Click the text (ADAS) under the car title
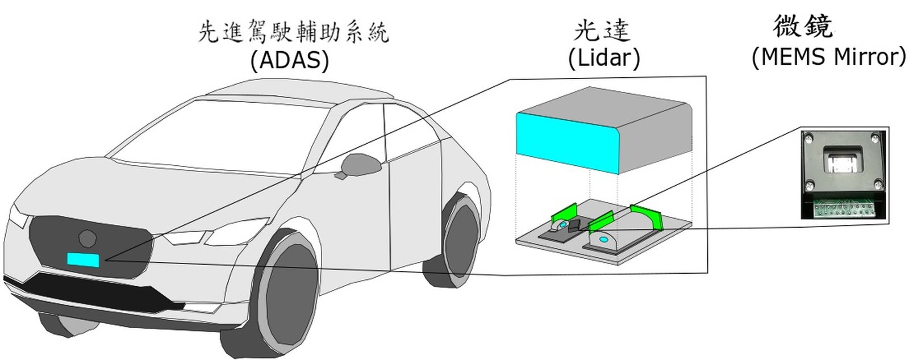(290, 61)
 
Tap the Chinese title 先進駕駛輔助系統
(293, 32)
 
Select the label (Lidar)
(604, 58)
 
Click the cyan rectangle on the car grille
(83, 259)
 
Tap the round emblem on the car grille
(87, 237)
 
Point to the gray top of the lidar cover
(608, 105)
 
